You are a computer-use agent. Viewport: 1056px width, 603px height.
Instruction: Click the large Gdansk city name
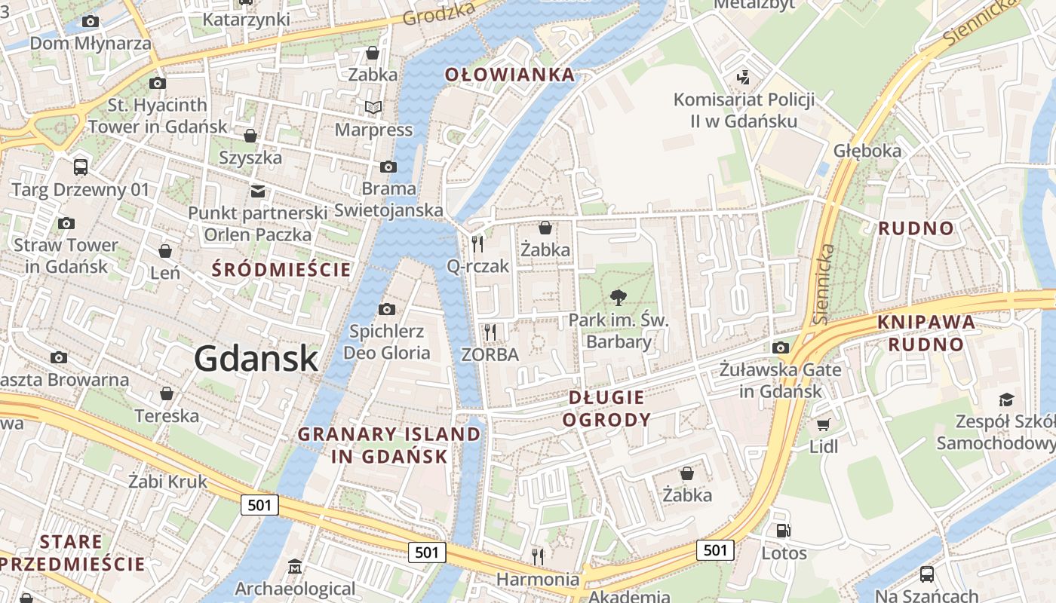pyautogui.click(x=256, y=359)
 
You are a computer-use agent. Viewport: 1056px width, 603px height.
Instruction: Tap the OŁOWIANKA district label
pyautogui.click(x=509, y=75)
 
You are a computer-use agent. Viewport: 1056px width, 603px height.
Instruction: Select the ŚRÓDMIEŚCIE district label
pyautogui.click(x=281, y=270)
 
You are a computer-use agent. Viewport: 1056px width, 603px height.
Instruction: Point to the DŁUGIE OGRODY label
pyautogui.click(x=606, y=409)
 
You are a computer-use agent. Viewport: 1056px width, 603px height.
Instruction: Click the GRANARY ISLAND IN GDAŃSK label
pyautogui.click(x=388, y=445)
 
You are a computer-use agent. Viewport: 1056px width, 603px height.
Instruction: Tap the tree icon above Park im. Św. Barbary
pyautogui.click(x=618, y=297)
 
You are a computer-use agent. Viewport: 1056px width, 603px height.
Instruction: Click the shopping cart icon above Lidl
pyautogui.click(x=823, y=424)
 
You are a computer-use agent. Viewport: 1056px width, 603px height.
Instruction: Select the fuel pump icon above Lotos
pyautogui.click(x=784, y=531)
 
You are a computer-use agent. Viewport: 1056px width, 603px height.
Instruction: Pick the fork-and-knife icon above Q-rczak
pyautogui.click(x=477, y=243)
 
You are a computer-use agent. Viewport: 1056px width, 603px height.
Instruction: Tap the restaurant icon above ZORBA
pyautogui.click(x=490, y=332)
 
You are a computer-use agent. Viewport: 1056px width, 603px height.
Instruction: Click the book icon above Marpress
pyautogui.click(x=373, y=107)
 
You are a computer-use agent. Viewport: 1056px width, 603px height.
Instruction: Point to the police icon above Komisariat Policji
pyautogui.click(x=743, y=77)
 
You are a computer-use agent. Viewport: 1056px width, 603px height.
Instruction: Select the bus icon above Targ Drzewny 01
pyautogui.click(x=80, y=167)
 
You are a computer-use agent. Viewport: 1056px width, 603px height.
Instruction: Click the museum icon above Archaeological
pyautogui.click(x=294, y=566)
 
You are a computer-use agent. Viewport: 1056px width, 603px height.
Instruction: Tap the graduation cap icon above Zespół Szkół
pyautogui.click(x=1006, y=399)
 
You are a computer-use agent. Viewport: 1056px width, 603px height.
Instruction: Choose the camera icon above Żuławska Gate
pyautogui.click(x=780, y=347)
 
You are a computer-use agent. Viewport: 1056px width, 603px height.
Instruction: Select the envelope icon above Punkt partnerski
pyautogui.click(x=258, y=191)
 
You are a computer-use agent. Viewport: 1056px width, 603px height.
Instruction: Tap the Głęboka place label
pyautogui.click(x=867, y=151)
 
